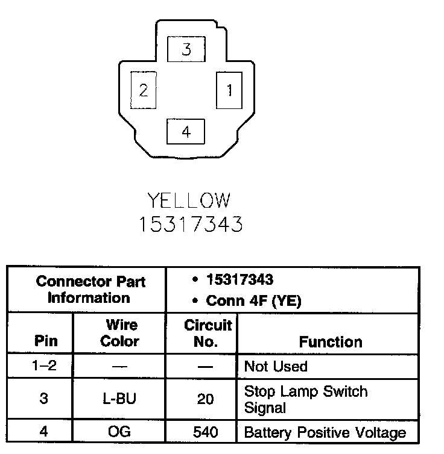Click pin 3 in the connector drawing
click(186, 49)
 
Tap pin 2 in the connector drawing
click(144, 90)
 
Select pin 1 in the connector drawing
click(229, 90)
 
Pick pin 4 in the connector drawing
click(186, 131)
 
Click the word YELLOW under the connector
click(189, 201)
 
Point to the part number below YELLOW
click(191, 224)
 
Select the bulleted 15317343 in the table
click(239, 280)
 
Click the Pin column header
click(46, 341)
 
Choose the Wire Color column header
click(119, 333)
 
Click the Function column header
click(331, 342)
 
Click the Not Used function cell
click(276, 367)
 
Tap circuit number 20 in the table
click(206, 399)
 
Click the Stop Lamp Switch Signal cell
click(305, 399)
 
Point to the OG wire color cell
click(118, 432)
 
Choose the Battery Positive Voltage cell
click(325, 432)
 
